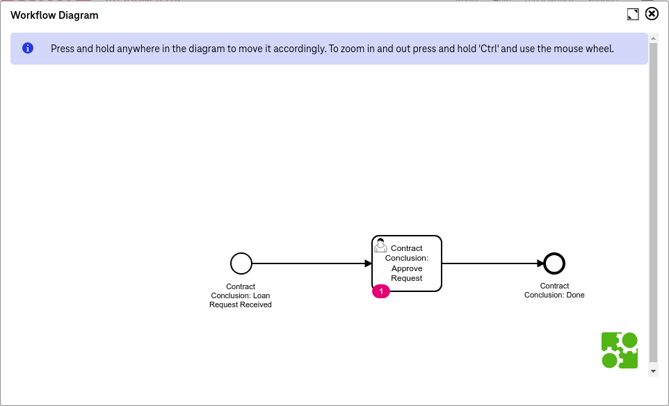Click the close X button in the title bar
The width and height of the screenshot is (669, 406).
(652, 14)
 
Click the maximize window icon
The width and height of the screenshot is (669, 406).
(632, 15)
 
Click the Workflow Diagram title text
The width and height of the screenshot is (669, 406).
(54, 15)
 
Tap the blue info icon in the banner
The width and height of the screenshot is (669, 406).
(28, 49)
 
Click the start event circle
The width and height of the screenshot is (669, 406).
(241, 263)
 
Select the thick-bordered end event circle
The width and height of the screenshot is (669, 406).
(554, 263)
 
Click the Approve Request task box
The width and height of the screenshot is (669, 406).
(407, 263)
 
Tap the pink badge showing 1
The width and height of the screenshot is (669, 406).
(381, 291)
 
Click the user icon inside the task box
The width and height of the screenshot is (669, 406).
(380, 246)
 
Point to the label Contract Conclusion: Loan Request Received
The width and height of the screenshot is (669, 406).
(241, 295)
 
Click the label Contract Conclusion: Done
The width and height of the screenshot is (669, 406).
(554, 291)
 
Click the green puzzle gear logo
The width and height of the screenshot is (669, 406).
(620, 350)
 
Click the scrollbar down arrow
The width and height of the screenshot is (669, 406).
(653, 371)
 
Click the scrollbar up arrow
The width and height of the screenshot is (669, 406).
(653, 37)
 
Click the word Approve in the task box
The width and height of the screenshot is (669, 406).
(407, 268)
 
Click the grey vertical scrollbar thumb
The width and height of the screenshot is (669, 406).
(653, 202)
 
